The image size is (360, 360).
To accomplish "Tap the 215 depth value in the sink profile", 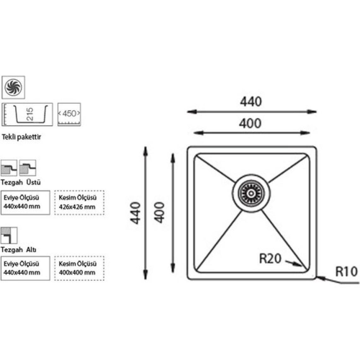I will click(30, 114).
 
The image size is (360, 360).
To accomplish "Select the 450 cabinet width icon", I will click(69, 114).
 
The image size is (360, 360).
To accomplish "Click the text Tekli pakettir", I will click(21, 137).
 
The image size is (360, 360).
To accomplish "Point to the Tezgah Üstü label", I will click(21, 183).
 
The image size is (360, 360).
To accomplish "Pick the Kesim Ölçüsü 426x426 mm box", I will click(79, 202).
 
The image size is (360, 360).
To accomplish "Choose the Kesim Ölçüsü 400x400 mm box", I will click(79, 268).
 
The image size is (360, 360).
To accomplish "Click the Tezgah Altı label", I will click(19, 250).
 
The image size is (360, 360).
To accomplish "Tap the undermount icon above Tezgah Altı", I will click(9, 235).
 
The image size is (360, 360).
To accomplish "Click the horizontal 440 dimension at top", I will click(251, 102).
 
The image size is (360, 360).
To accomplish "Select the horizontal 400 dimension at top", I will click(250, 123).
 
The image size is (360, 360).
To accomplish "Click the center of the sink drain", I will click(251, 193).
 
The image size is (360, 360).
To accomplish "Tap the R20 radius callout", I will click(270, 259).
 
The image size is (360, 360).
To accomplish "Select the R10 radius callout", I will click(346, 271).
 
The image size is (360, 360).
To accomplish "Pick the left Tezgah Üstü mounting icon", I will click(9, 168).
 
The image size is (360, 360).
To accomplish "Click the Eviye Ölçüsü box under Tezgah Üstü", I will click(25, 202).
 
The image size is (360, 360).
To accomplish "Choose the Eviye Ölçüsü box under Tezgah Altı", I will click(25, 268).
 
